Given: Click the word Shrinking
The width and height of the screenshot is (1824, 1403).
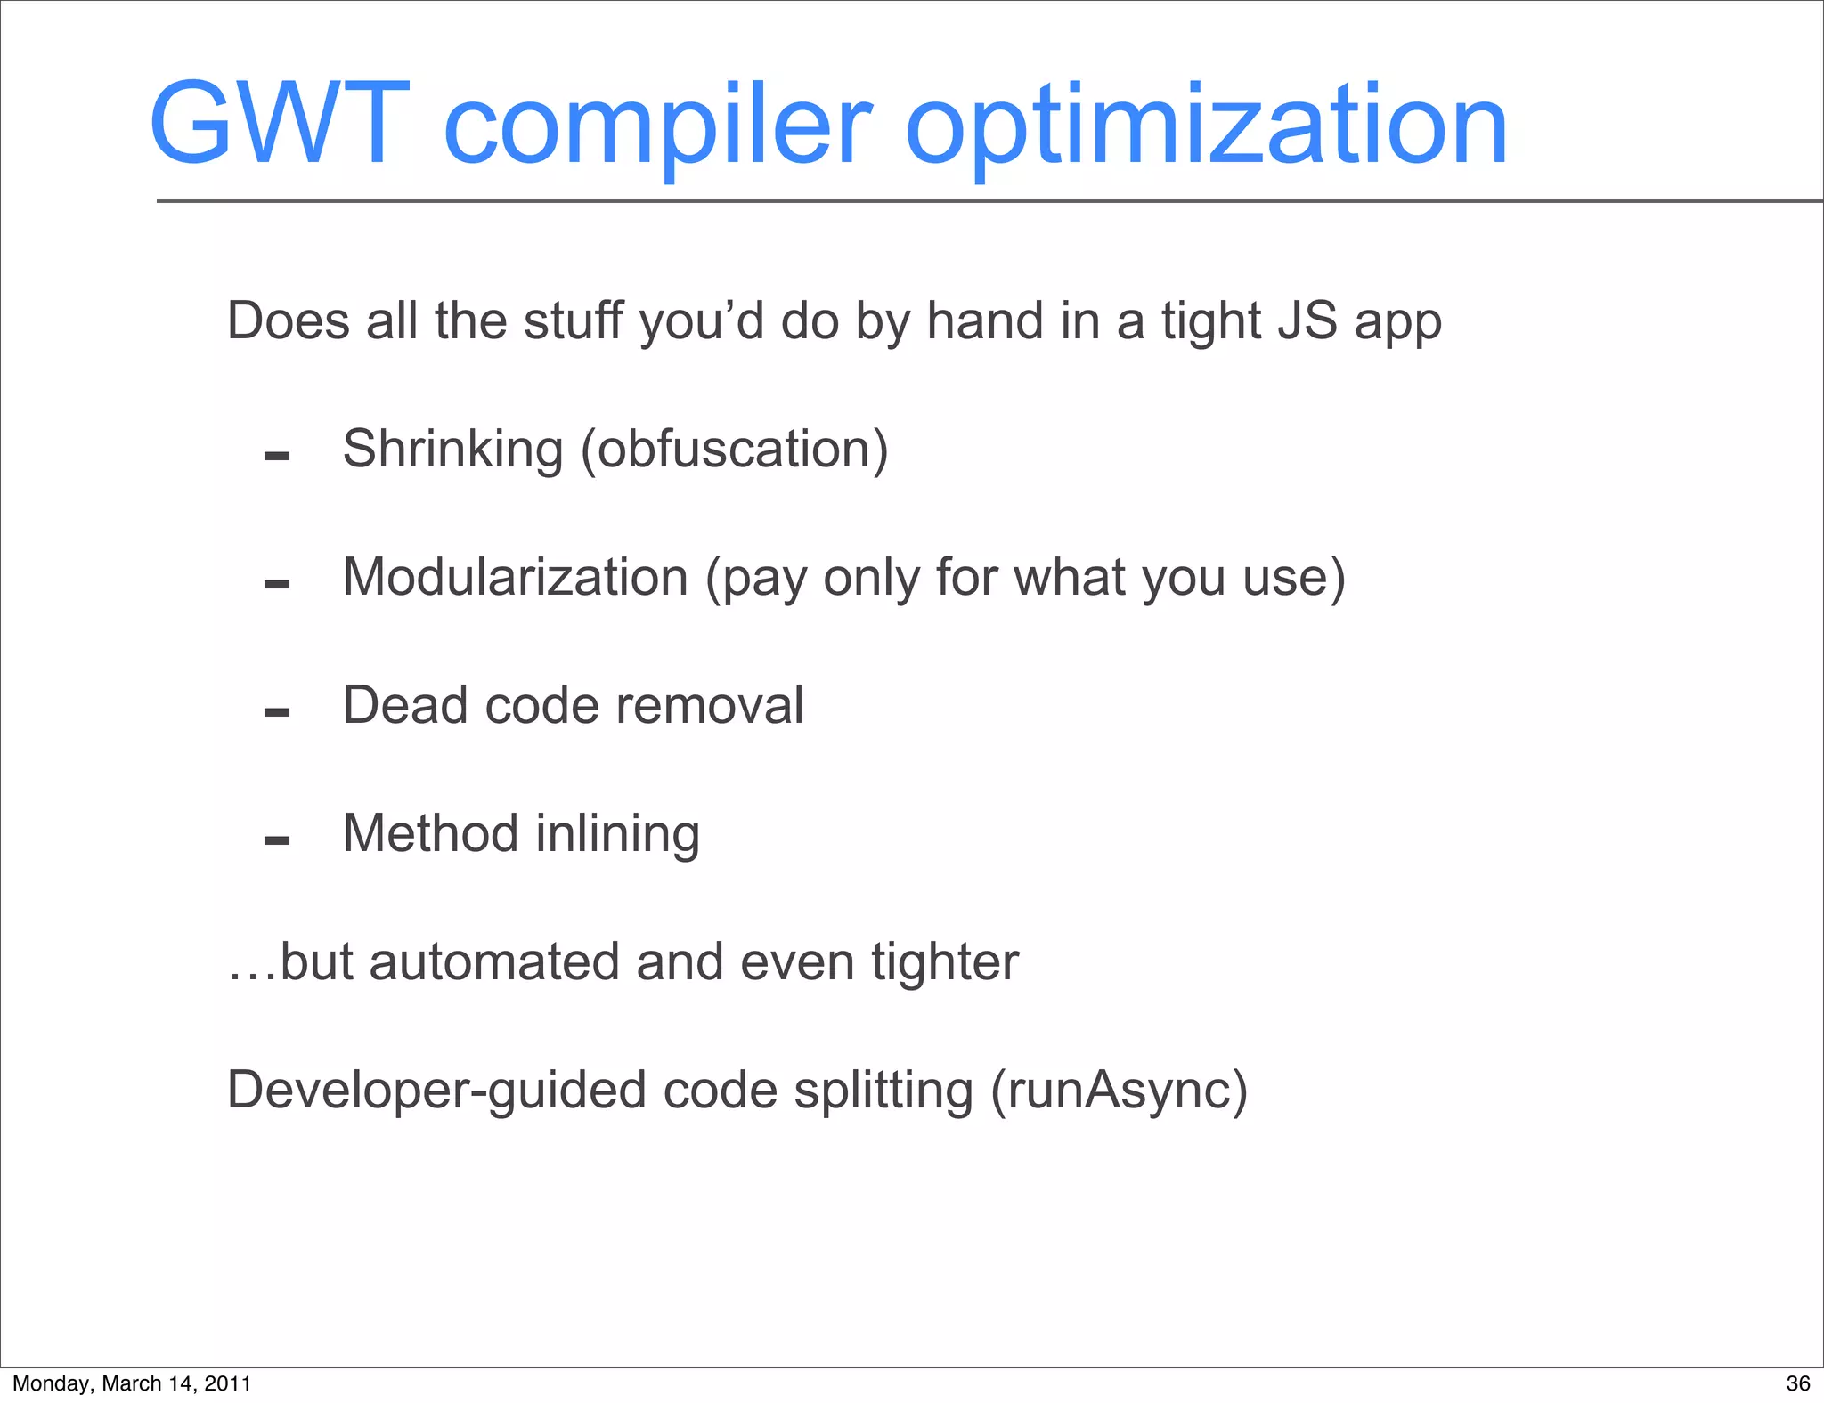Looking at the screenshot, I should click(452, 450).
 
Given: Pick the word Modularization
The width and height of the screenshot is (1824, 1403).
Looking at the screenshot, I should click(515, 578).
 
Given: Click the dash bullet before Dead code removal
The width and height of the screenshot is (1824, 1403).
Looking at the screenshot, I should click(277, 712).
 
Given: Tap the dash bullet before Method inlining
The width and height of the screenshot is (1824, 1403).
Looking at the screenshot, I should click(277, 840).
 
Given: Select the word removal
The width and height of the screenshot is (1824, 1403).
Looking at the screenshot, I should click(710, 706).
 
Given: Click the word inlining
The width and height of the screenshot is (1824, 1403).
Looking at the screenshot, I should click(618, 835).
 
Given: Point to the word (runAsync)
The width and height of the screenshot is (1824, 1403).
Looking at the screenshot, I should click(1120, 1091).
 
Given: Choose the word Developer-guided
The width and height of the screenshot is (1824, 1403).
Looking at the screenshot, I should click(436, 1091).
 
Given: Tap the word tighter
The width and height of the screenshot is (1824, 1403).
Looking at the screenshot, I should click(945, 962).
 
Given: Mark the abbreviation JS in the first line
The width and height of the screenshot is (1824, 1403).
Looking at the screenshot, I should click(1307, 320).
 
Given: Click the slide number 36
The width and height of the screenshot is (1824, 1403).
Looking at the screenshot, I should click(1797, 1383).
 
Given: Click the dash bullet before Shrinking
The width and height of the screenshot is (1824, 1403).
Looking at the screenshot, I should click(277, 457).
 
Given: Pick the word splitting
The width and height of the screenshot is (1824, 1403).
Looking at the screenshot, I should click(883, 1091).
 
